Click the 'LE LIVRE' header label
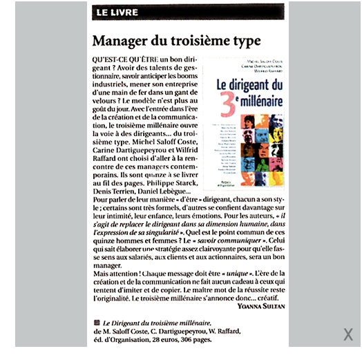tap(117, 12)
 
